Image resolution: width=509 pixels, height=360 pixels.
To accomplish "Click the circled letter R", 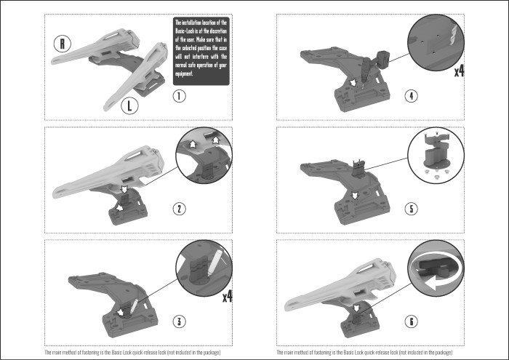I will pyautogui.click(x=64, y=44).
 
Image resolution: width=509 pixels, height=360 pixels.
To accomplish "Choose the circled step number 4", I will pyautogui.click(x=412, y=96).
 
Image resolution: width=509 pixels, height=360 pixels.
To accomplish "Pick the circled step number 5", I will pyautogui.click(x=412, y=209).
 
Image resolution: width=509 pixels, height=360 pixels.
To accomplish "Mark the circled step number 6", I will pyautogui.click(x=412, y=321).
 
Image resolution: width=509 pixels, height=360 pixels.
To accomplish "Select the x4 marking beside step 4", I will pyautogui.click(x=459, y=71).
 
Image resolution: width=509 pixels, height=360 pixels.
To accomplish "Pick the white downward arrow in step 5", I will pyautogui.click(x=354, y=194).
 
